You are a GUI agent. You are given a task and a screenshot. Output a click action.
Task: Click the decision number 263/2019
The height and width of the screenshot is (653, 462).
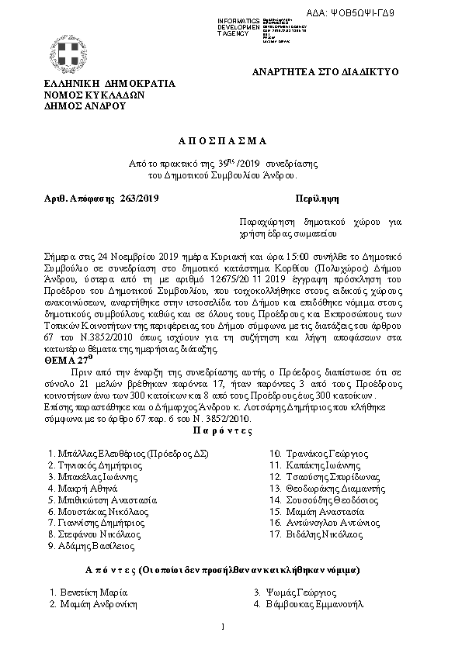(x=139, y=199)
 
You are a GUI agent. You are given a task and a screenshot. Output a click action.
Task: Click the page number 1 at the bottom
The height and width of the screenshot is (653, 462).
(x=222, y=625)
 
